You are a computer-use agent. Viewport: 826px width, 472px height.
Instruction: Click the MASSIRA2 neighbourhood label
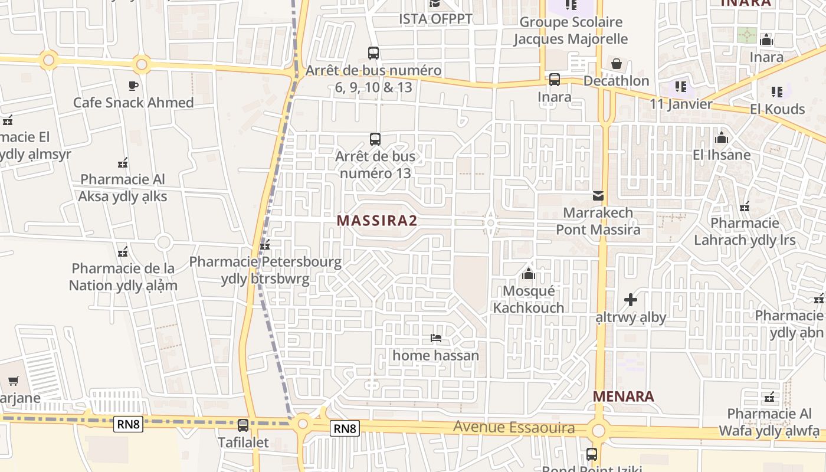coord(376,221)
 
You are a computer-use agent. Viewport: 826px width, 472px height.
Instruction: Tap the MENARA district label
coord(624,396)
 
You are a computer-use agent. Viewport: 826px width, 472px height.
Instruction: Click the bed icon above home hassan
coord(436,338)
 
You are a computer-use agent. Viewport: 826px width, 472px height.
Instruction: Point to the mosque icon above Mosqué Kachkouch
coord(529,274)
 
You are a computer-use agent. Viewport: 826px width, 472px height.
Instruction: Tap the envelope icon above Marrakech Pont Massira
coord(598,195)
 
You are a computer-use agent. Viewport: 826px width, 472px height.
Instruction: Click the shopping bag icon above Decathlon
coord(617,63)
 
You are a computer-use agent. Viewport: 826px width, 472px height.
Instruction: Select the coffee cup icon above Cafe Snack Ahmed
coord(133,86)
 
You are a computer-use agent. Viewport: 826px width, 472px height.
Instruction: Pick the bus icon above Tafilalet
coord(243,425)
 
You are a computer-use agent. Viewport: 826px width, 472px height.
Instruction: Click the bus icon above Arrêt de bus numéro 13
coord(375,139)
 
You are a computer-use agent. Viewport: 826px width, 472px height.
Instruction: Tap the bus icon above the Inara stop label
coord(555,79)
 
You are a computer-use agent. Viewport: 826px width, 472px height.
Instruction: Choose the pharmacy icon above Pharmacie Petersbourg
coord(265,245)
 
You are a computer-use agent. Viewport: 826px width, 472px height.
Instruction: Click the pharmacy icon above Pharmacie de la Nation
coord(123,252)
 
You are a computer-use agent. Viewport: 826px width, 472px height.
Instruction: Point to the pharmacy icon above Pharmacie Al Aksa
coord(123,162)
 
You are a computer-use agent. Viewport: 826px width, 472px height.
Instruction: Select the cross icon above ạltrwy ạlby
coord(630,300)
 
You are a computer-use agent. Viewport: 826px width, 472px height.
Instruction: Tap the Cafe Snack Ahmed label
coord(133,103)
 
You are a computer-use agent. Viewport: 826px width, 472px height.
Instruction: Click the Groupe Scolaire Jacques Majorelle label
coord(570,31)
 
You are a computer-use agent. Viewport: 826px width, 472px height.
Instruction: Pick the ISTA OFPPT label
coord(435,19)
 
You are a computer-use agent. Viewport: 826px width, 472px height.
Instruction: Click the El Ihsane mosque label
coord(722,155)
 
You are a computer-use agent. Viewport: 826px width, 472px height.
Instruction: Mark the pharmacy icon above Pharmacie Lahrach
coord(745,206)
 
